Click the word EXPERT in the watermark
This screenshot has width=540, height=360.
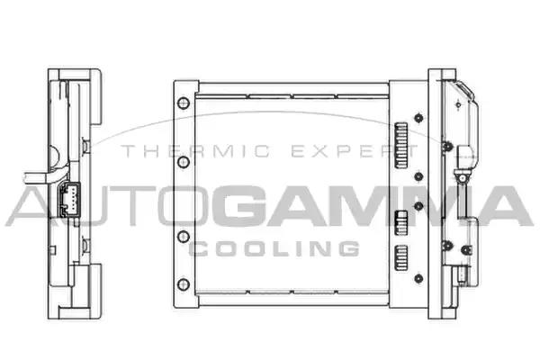click(x=355, y=151)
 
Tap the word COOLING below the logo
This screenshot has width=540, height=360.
click(x=274, y=248)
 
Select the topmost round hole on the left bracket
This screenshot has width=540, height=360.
click(x=184, y=103)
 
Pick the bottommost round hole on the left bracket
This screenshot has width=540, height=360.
click(x=184, y=284)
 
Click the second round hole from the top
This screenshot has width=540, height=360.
click(x=184, y=162)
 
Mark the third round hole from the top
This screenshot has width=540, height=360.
click(x=184, y=237)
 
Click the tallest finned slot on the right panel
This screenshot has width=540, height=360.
click(x=400, y=145)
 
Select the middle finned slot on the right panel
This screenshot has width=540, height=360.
click(x=400, y=222)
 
